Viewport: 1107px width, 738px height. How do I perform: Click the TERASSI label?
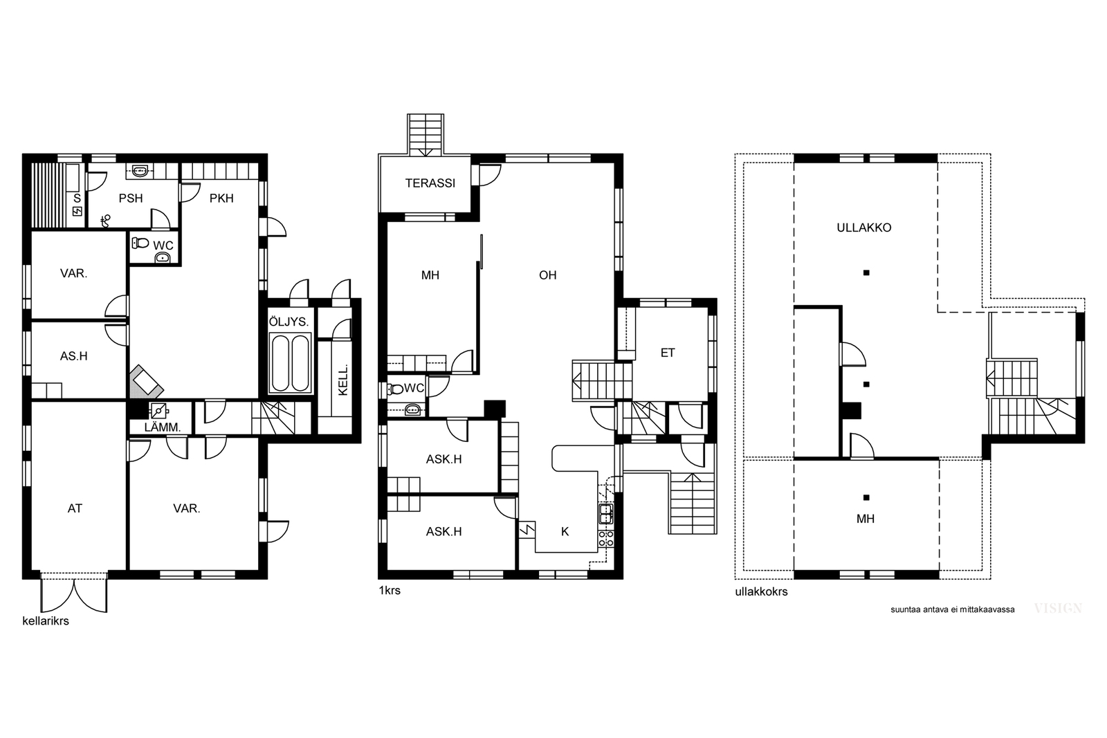[430, 183]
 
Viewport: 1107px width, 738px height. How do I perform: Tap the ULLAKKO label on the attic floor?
[864, 228]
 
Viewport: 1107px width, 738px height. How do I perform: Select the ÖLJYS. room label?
[289, 322]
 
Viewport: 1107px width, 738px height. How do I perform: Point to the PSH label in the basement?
[131, 198]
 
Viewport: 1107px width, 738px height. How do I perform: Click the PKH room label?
[221, 198]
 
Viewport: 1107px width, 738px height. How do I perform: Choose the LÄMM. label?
[163, 427]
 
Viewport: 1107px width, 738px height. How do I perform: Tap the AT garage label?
[75, 508]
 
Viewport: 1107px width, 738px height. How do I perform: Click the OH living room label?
[547, 275]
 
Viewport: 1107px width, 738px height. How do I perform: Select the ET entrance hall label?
[668, 353]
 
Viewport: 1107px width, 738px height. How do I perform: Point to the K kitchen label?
[565, 531]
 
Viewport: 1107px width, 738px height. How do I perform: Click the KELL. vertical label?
[343, 380]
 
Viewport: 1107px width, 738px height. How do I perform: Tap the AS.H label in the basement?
[73, 356]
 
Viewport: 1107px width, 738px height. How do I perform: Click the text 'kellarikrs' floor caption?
[46, 621]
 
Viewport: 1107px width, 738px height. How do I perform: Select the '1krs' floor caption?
[390, 590]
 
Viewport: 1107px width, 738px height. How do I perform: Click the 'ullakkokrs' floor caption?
[761, 592]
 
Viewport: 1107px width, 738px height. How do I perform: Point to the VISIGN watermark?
[1058, 608]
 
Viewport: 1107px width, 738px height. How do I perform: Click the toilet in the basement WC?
[140, 243]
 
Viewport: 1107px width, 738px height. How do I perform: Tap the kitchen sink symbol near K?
[606, 514]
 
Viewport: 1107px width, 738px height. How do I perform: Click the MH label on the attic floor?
[866, 519]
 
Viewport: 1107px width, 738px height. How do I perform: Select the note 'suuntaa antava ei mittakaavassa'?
[952, 609]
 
